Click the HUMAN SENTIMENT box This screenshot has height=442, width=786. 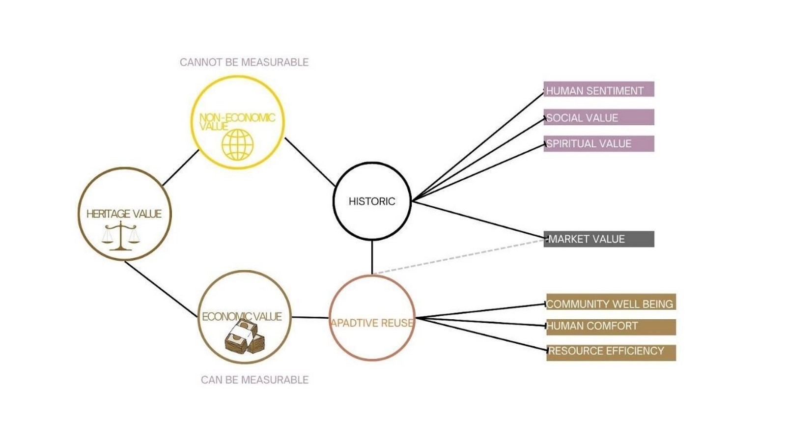(x=599, y=89)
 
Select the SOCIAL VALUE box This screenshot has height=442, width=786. (x=599, y=117)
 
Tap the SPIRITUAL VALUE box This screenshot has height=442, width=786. (x=599, y=144)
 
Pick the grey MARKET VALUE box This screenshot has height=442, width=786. (x=599, y=239)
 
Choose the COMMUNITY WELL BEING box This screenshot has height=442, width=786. (x=611, y=302)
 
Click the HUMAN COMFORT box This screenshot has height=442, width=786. (x=611, y=327)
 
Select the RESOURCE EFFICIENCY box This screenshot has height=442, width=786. (x=611, y=353)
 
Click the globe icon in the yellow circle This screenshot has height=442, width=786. (x=238, y=144)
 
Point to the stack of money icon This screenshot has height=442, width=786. (x=245, y=336)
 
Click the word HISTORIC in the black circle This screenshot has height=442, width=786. (x=372, y=201)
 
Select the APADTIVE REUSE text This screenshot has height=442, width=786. (x=372, y=323)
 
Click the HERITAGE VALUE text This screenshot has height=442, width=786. (x=124, y=214)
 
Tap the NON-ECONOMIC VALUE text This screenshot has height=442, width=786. (x=237, y=122)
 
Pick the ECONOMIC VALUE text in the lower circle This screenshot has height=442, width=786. (x=242, y=316)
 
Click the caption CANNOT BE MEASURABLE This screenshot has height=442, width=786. (x=244, y=62)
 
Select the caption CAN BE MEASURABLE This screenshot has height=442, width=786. (x=255, y=380)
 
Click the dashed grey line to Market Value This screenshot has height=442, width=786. (x=460, y=256)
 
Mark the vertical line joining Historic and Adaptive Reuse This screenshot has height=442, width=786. (x=372, y=257)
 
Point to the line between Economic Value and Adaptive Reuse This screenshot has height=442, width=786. (x=310, y=317)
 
